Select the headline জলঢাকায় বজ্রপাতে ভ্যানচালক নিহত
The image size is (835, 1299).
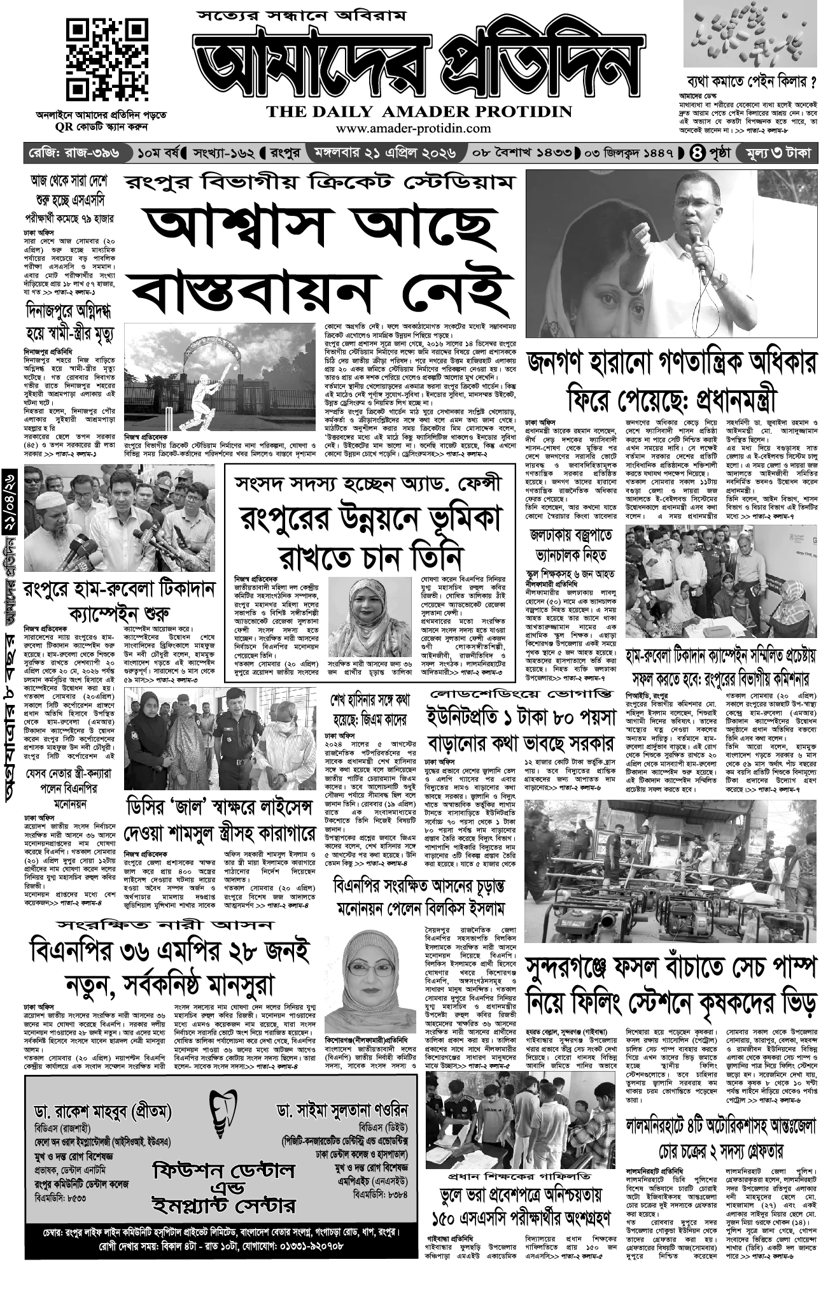570,544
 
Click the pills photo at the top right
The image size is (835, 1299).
750,34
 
